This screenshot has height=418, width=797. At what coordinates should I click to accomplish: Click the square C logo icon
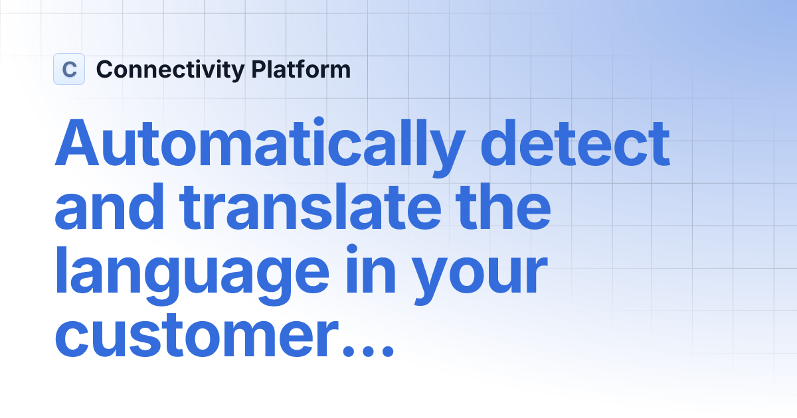coord(69,69)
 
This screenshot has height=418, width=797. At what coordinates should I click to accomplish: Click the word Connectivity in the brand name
coord(170,70)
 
